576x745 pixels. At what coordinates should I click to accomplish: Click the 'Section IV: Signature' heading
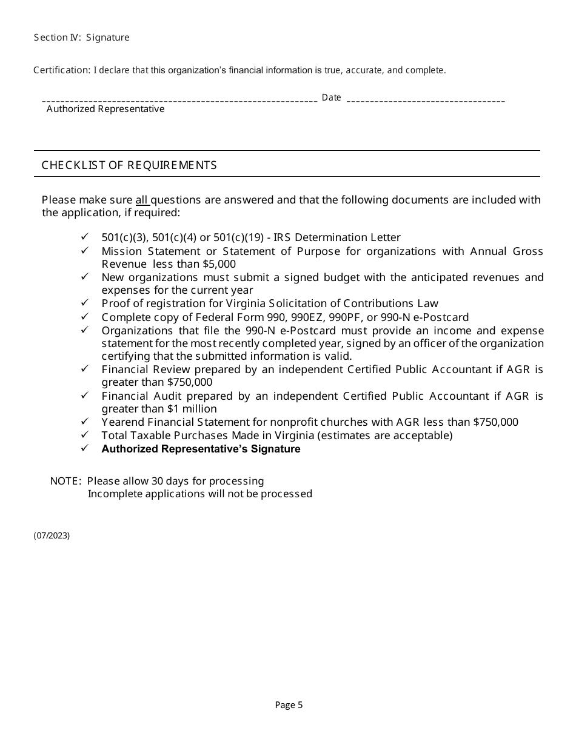pyautogui.click(x=81, y=38)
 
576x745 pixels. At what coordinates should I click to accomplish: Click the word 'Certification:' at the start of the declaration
pyautogui.click(x=62, y=70)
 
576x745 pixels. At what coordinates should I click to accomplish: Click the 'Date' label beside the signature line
pyautogui.click(x=331, y=98)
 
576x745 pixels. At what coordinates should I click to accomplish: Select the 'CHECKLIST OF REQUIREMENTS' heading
pyautogui.click(x=129, y=165)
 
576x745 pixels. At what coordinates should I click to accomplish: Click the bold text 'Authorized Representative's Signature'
pyautogui.click(x=201, y=449)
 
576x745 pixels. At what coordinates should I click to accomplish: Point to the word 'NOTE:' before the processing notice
pyautogui.click(x=65, y=481)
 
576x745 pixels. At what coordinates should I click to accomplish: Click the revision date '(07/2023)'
pyautogui.click(x=52, y=535)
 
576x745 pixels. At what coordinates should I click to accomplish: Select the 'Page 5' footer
pyautogui.click(x=289, y=704)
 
